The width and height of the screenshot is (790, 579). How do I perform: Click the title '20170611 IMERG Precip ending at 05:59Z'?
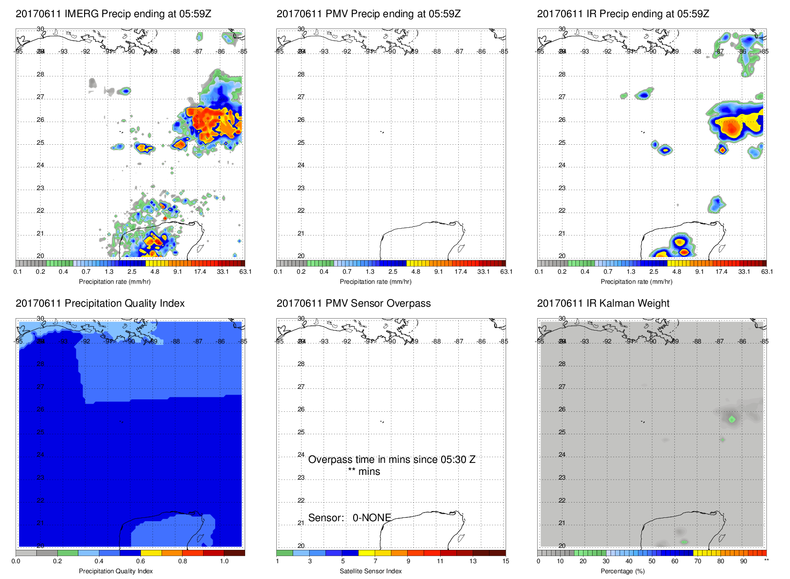(113, 14)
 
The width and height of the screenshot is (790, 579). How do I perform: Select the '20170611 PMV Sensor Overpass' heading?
(353, 303)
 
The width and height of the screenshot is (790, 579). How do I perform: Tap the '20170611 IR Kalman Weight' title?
(603, 303)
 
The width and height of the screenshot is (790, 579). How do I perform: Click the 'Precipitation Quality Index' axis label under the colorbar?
(116, 571)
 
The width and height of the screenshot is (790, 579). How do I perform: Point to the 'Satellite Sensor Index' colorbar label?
(370, 571)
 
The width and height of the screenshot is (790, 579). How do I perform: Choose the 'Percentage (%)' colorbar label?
(622, 571)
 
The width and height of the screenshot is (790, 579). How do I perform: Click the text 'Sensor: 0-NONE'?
(349, 518)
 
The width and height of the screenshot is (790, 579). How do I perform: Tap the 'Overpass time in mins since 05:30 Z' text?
(391, 460)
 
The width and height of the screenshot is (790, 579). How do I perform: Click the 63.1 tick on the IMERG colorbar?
(245, 272)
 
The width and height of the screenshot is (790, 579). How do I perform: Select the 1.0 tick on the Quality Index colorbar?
(224, 561)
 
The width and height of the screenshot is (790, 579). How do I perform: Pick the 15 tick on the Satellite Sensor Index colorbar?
(506, 561)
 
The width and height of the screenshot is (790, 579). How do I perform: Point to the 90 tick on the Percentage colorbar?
(744, 561)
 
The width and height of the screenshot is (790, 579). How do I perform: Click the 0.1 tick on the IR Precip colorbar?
(539, 272)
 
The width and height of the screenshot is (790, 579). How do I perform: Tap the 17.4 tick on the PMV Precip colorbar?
(461, 272)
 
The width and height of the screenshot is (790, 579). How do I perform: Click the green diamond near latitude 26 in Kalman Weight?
(732, 419)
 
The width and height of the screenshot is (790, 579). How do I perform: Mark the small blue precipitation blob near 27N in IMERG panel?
(126, 91)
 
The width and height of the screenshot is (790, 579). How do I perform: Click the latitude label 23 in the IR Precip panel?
(562, 188)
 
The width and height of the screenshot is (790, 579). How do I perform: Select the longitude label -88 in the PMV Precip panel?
(437, 52)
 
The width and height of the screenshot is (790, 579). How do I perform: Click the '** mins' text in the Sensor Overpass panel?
(364, 472)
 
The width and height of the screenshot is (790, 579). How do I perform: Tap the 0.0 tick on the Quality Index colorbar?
(16, 561)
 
